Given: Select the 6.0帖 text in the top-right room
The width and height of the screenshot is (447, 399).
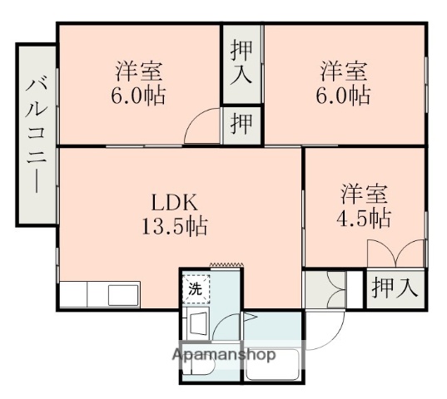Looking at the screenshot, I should click(x=344, y=94).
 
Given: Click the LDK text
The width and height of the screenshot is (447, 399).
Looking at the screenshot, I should click(x=173, y=202).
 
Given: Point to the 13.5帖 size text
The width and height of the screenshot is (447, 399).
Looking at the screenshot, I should click(x=173, y=224).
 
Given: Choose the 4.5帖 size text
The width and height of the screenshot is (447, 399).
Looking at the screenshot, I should click(x=365, y=218).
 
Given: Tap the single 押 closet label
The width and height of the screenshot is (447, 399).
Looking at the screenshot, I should click(x=241, y=126).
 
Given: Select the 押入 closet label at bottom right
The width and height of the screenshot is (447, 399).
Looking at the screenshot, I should click(x=395, y=288).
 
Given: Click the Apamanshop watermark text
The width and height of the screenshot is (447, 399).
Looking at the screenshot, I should click(x=224, y=354).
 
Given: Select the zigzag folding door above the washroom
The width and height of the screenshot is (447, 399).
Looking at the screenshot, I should click(x=225, y=265).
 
